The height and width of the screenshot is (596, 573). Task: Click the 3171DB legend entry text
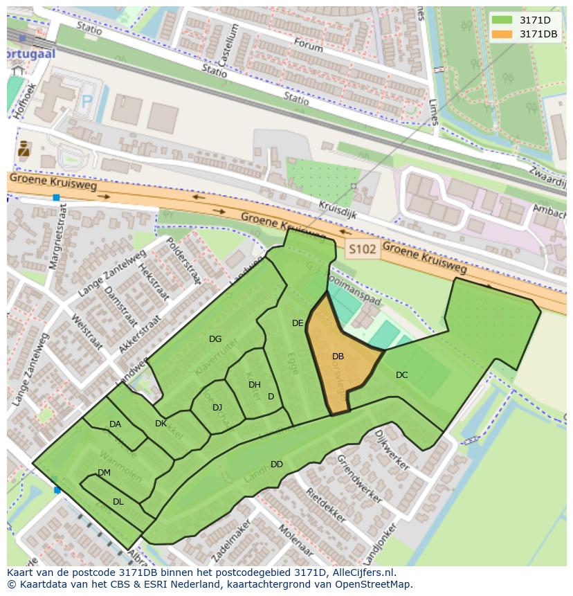pyautogui.click(x=538, y=34)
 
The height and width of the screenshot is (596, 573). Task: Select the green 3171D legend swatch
pyautogui.click(x=502, y=20)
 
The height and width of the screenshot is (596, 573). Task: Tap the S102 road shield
pyautogui.click(x=363, y=249)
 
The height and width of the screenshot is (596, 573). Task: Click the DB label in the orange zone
pyautogui.click(x=338, y=356)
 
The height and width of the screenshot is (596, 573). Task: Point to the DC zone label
pyautogui.click(x=401, y=375)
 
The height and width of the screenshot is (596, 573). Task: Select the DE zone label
pyautogui.click(x=298, y=323)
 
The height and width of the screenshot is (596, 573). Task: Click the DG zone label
pyautogui.click(x=215, y=339)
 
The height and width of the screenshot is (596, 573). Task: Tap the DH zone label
pyautogui.click(x=254, y=385)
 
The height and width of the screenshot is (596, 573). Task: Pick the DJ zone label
pyautogui.click(x=217, y=408)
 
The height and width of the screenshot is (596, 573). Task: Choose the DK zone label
pyautogui.click(x=161, y=424)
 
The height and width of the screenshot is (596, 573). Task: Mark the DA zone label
pyautogui.click(x=115, y=424)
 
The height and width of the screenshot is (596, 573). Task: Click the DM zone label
pyautogui.click(x=104, y=473)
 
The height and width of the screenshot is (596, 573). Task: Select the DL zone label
pyautogui.click(x=118, y=502)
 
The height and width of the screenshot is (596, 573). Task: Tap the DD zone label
pyautogui.click(x=276, y=464)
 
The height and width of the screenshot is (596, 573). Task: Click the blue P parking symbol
pyautogui.click(x=87, y=102)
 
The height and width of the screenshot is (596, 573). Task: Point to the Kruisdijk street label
pyautogui.click(x=338, y=210)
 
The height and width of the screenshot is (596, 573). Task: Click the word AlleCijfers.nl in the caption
pyautogui.click(x=363, y=572)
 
